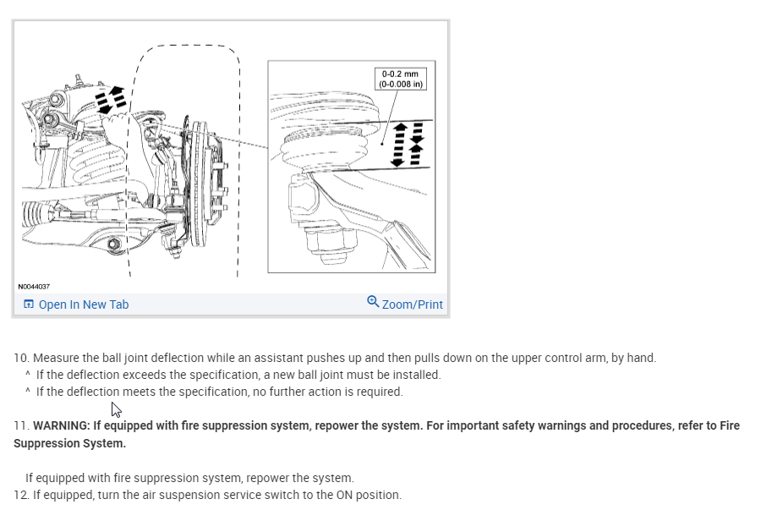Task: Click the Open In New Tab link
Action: coord(83,304)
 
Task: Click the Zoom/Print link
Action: coord(412,304)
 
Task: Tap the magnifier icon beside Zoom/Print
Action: coord(373,302)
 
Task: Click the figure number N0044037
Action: coord(33,287)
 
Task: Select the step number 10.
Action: coord(20,358)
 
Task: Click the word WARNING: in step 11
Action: coord(61,425)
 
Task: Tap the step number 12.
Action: coord(20,495)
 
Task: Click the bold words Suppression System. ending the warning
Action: coord(69,443)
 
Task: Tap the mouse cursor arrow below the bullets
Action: coord(117,409)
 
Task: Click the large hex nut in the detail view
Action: coord(327,241)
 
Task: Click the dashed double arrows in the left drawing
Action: coord(111,100)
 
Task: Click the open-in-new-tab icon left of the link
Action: coord(29,304)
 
